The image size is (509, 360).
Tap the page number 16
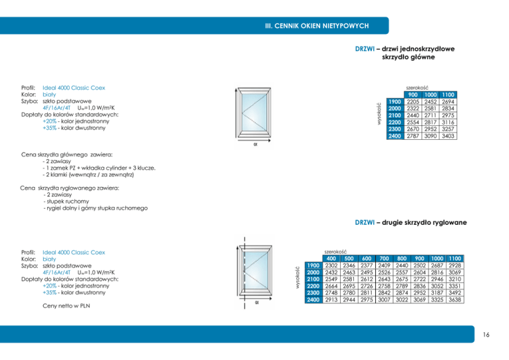point(486,335)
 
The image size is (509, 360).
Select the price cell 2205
point(414,101)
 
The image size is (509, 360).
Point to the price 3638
point(454,300)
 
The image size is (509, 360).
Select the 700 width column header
point(384,259)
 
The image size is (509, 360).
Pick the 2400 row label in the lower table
point(313,300)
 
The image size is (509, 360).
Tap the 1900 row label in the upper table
point(395,101)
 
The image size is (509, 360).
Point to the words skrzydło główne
point(408,58)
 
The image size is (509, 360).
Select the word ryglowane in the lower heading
point(447,222)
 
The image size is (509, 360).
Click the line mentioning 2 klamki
point(88,175)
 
